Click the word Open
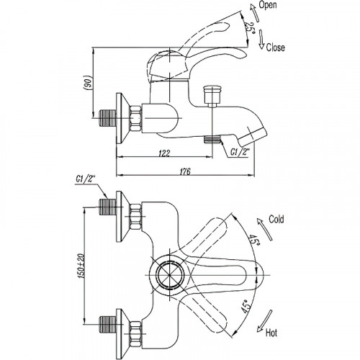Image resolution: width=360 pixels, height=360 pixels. point(268,5)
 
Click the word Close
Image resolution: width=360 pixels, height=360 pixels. point(276,48)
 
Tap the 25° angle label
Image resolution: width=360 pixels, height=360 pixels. point(251,29)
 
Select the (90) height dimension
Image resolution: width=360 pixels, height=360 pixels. point(89,83)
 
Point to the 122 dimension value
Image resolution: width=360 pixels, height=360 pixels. point(164,153)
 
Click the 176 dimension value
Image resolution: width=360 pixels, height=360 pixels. point(185,171)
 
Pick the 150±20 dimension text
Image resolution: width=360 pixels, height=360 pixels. point(81,266)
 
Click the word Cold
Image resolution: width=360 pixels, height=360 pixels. point(276,219)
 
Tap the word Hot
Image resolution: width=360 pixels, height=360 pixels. point(271,333)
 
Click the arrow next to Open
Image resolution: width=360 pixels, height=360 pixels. point(254,13)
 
